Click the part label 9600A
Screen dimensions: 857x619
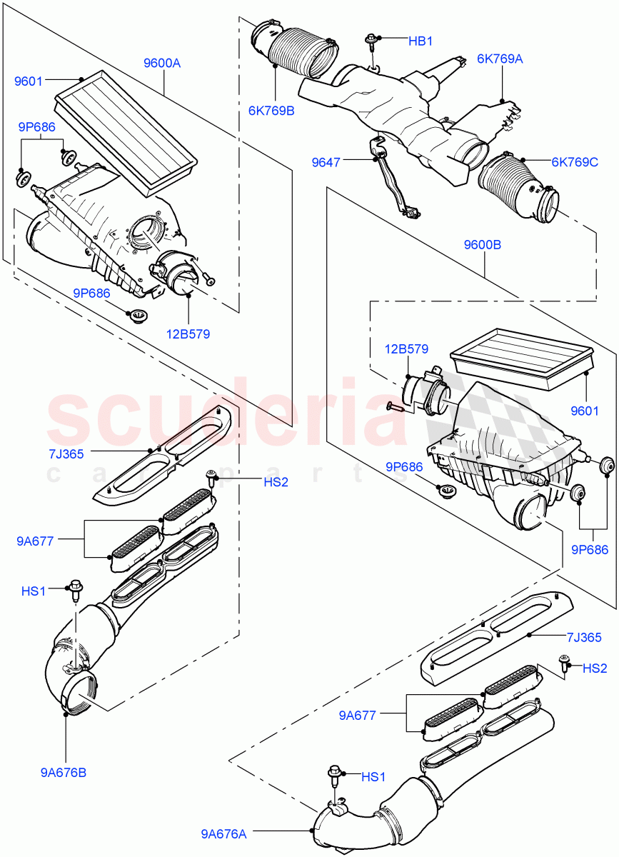pyautogui.click(x=162, y=63)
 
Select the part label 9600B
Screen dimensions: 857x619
pyautogui.click(x=482, y=244)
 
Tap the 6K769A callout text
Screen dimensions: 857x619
pyautogui.click(x=500, y=59)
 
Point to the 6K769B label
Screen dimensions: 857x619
pyautogui.click(x=271, y=111)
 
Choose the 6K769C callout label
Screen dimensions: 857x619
pyautogui.click(x=574, y=162)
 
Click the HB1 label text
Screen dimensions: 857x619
pyautogui.click(x=421, y=41)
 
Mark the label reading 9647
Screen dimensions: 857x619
pyautogui.click(x=326, y=163)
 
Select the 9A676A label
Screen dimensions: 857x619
pyautogui.click(x=224, y=833)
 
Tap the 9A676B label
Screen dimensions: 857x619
pyautogui.click(x=64, y=772)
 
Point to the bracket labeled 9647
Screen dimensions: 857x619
pyautogui.click(x=389, y=179)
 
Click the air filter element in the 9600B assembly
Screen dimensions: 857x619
pyautogui.click(x=521, y=361)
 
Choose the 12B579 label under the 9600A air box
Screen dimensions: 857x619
pyautogui.click(x=189, y=333)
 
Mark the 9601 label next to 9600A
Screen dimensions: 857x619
pyautogui.click(x=29, y=81)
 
